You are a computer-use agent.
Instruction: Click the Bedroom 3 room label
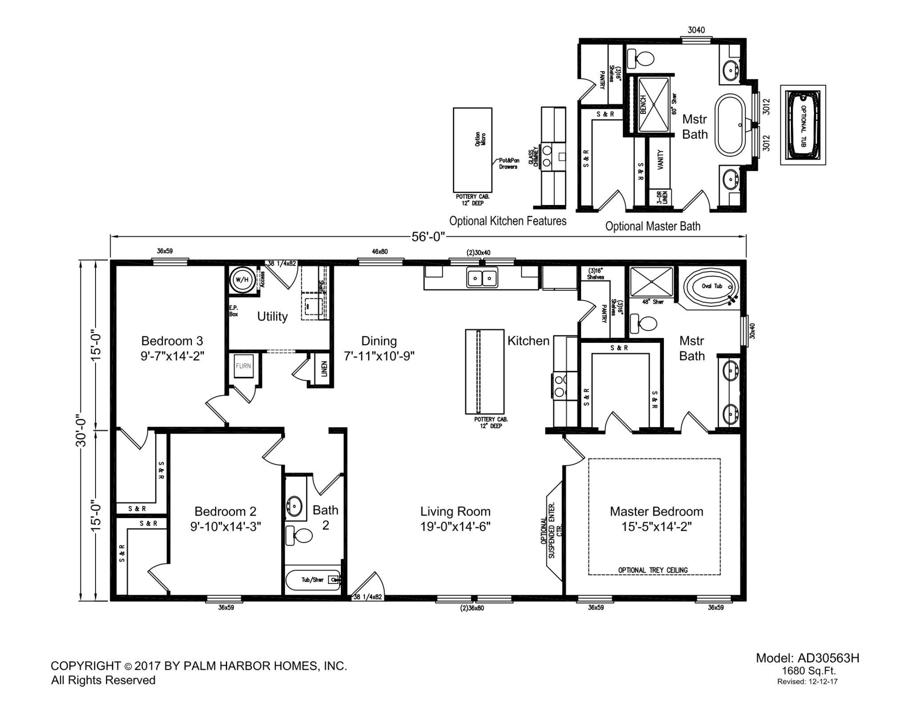pos(172,348)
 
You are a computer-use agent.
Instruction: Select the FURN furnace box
pos(243,366)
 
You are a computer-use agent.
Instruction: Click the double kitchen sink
pos(482,278)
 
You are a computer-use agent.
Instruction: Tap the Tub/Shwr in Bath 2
pos(313,580)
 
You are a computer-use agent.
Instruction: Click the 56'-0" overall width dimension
pos(428,237)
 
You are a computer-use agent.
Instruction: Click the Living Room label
pos(455,511)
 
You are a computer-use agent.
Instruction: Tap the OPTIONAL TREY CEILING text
pos(653,570)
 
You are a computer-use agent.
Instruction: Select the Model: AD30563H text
pos(808,658)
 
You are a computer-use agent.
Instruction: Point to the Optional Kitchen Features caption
pos(508,221)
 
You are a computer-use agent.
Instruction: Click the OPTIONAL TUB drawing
pos(803,125)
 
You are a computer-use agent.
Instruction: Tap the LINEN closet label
pos(324,369)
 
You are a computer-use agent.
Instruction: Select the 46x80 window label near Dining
pos(379,252)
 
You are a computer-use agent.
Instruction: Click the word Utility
pos(272,317)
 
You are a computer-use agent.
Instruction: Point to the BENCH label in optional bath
pos(643,105)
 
